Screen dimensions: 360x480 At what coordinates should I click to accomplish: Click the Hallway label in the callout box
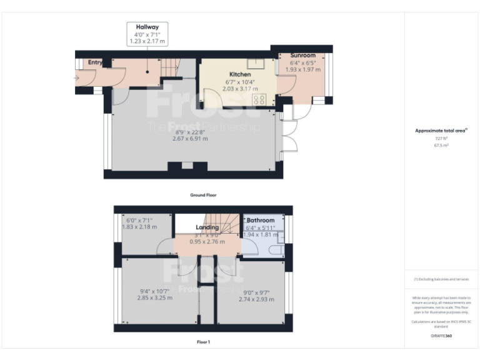point(147,27)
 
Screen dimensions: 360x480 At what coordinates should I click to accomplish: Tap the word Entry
point(95,62)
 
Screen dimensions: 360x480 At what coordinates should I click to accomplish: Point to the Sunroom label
point(302,56)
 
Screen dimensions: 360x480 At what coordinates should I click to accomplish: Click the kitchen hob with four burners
point(259,99)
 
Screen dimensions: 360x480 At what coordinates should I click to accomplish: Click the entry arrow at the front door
point(76,78)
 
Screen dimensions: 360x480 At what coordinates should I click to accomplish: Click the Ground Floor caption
point(203,195)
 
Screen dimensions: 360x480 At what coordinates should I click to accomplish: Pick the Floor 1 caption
point(203,342)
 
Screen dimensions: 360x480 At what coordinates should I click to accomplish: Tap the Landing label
point(207,227)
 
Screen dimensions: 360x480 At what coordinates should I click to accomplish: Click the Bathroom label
point(260,221)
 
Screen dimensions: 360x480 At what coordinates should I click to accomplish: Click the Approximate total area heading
point(441,131)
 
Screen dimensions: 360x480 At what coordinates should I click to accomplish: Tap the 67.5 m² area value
point(442,145)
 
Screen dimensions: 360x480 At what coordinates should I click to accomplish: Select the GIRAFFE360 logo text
point(441,336)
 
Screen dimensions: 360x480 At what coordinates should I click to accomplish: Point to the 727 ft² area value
point(442,138)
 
